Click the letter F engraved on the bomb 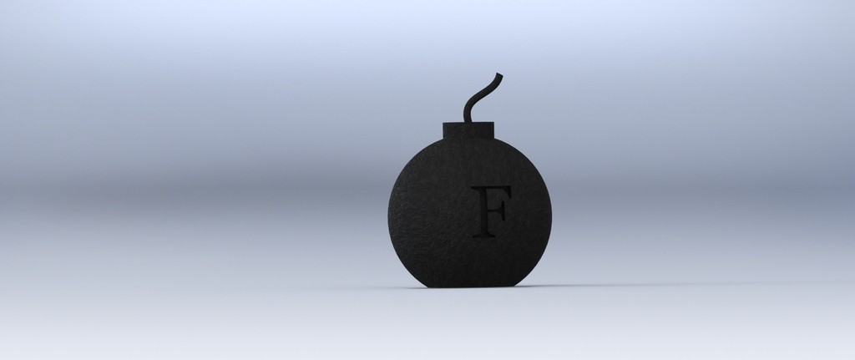(x=491, y=210)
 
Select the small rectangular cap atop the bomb (x=468, y=131)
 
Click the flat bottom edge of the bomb (x=469, y=286)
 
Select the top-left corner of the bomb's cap (x=443, y=124)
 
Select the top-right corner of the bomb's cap (x=493, y=124)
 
